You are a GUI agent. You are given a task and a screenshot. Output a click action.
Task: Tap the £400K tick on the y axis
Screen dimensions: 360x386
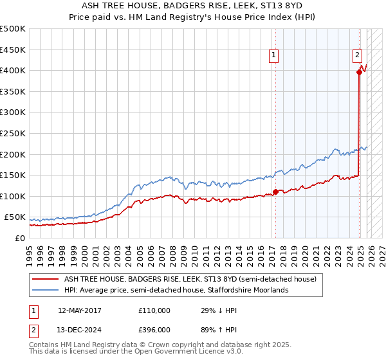13,70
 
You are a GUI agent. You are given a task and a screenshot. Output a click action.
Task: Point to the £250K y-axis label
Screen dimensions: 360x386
13,133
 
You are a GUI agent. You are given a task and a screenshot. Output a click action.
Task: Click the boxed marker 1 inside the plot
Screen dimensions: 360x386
274,56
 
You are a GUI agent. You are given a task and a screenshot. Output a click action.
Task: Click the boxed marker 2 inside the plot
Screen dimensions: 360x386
357,56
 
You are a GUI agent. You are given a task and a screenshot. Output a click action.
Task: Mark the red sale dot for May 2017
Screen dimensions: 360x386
275,192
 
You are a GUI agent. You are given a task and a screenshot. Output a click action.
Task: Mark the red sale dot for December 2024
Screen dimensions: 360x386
359,72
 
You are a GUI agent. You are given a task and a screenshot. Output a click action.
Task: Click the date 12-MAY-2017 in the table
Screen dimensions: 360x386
80,310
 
